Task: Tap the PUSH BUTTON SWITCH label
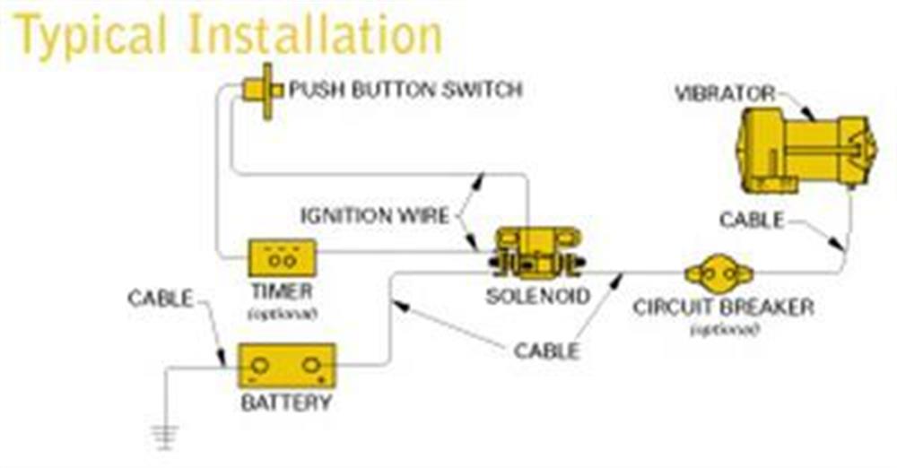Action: [x=405, y=91]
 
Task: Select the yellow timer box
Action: [x=283, y=258]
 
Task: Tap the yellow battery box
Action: [x=286, y=366]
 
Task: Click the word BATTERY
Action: [x=286, y=402]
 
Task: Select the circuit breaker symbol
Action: [x=719, y=272]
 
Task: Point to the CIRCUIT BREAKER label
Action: [x=723, y=308]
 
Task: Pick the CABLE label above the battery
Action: [x=161, y=298]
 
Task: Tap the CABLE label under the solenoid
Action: [x=546, y=351]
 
